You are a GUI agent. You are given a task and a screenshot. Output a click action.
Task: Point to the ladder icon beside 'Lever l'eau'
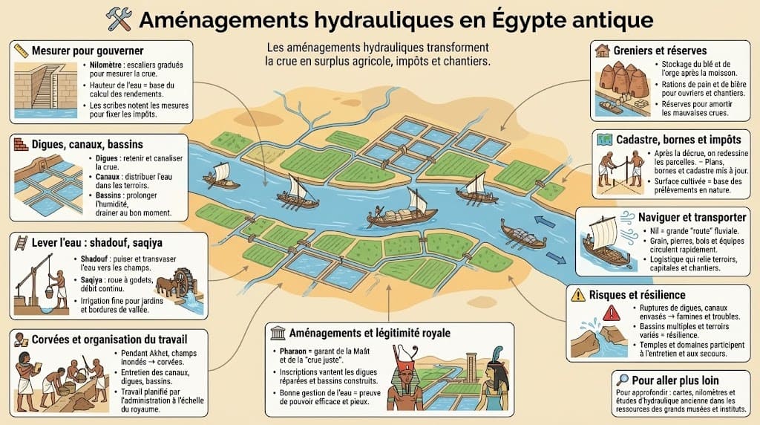[21, 242]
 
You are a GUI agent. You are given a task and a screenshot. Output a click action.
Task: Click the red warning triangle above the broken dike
[611, 313]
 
